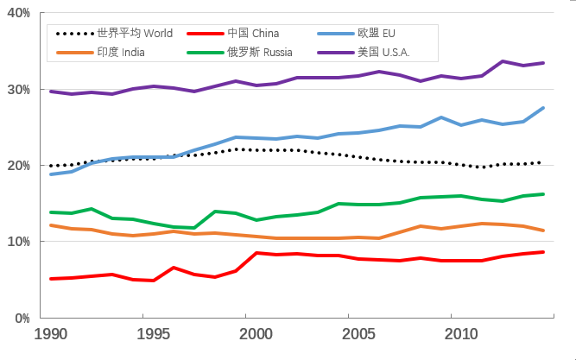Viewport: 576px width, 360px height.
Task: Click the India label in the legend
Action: tap(121, 53)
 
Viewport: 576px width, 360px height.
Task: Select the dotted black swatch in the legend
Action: tap(74, 34)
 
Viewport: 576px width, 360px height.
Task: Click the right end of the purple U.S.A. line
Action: tap(543, 63)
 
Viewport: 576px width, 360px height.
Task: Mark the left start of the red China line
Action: tap(51, 279)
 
